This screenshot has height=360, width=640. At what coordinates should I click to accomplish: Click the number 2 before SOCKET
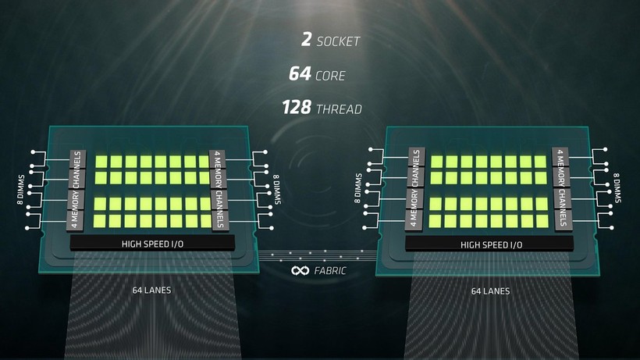[x=305, y=40]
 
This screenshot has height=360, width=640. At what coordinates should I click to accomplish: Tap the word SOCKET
[x=339, y=41]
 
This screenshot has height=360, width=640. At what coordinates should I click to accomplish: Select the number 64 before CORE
[x=300, y=75]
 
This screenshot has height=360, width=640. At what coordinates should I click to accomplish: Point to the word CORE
[x=330, y=76]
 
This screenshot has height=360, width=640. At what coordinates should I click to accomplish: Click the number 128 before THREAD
[x=297, y=109]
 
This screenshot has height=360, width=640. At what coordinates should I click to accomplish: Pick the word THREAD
[x=339, y=109]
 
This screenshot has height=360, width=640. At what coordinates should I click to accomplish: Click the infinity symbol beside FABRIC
[x=300, y=270]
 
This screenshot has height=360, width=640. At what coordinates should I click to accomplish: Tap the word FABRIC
[x=330, y=271]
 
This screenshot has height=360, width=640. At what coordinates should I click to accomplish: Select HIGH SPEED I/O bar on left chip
[x=153, y=244]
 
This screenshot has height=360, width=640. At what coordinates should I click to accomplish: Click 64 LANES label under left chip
[x=151, y=290]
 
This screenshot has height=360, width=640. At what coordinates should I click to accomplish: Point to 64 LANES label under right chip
[x=490, y=291]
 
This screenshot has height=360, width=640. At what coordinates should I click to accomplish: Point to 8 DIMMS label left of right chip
[x=359, y=188]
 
